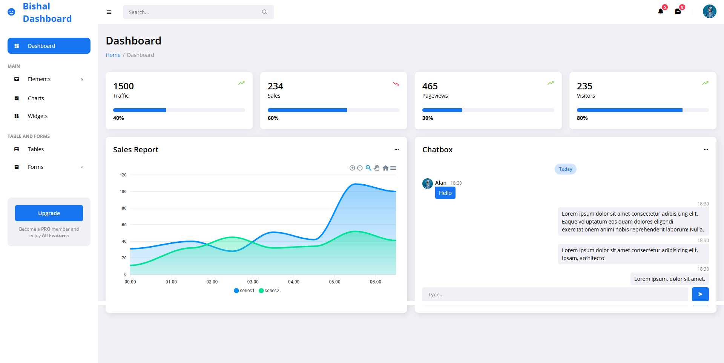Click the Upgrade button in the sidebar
click(49, 213)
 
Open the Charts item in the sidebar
click(36, 98)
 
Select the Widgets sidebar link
click(37, 116)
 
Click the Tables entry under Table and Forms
click(36, 149)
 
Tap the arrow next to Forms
click(82, 167)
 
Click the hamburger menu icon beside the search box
click(109, 12)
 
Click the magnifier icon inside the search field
click(264, 12)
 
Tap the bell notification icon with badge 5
click(661, 11)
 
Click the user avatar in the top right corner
click(709, 11)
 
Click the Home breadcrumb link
click(113, 55)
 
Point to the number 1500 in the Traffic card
click(123, 86)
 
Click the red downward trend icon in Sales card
click(396, 84)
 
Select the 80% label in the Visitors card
click(582, 118)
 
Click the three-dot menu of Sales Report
click(396, 150)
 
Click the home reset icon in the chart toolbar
click(385, 168)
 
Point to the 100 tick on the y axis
click(123, 191)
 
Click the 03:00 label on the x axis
click(253, 282)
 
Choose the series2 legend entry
click(269, 291)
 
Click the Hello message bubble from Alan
click(445, 193)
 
